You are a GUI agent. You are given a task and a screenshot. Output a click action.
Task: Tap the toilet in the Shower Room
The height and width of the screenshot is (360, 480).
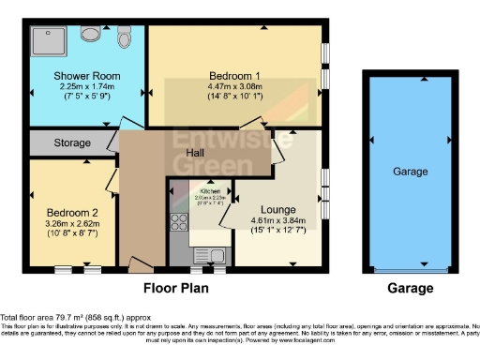click(124, 39)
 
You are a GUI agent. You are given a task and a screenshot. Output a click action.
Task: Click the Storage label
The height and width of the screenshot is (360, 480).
click(71, 143)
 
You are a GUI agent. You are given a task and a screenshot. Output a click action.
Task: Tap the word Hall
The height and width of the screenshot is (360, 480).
click(195, 153)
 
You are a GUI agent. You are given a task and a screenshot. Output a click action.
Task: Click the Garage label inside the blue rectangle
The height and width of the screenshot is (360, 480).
click(410, 172)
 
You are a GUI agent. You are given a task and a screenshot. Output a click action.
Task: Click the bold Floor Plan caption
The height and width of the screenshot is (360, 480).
click(175, 288)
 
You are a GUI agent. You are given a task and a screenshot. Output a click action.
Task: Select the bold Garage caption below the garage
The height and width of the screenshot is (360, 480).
click(410, 288)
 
